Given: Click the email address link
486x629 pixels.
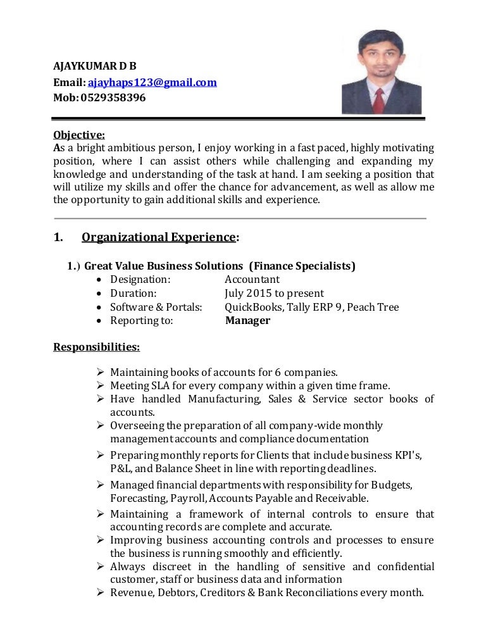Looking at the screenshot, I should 152,82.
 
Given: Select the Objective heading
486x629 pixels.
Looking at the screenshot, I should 79,134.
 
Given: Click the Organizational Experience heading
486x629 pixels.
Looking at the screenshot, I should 159,237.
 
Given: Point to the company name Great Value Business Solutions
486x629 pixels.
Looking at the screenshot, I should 164,266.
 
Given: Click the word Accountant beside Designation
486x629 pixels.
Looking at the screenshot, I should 252,280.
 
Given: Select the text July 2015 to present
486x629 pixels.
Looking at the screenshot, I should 274,294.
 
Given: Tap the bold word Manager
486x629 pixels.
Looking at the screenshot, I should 247,321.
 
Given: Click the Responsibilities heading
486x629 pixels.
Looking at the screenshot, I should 96,347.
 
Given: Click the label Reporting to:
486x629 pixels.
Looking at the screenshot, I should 141,321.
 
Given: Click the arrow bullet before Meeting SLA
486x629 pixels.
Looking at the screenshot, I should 100,385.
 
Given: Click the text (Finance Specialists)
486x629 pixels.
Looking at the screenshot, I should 302,266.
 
